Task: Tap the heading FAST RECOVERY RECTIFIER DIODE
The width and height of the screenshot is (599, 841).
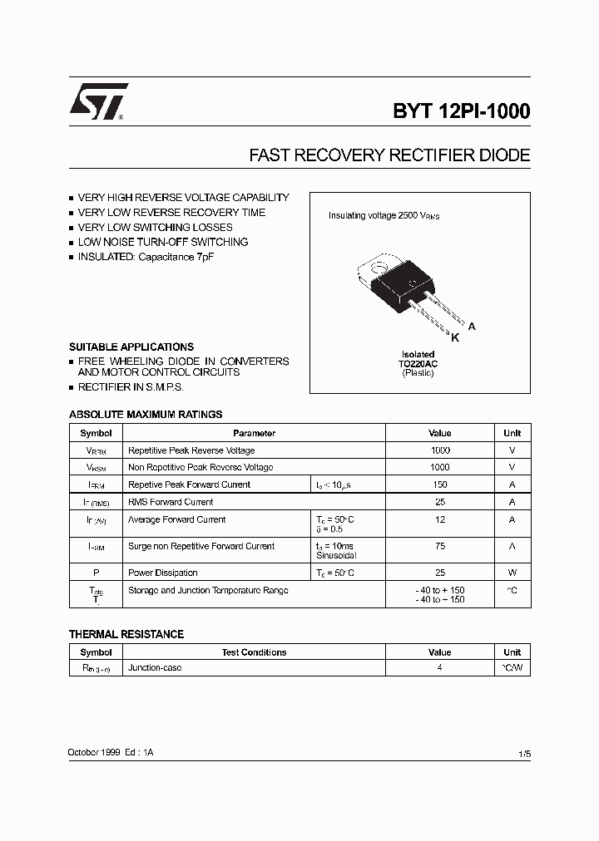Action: click(389, 155)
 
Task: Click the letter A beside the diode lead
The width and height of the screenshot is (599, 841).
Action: click(472, 327)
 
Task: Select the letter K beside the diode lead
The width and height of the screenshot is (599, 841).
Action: click(455, 337)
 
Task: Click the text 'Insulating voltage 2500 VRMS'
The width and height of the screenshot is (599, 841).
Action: click(384, 216)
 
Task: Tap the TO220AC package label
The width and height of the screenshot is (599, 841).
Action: click(418, 364)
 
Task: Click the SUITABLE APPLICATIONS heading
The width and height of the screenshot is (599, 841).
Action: click(131, 347)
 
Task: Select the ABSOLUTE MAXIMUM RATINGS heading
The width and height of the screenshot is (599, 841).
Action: click(146, 414)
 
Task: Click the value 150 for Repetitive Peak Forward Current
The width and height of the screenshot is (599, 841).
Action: click(440, 484)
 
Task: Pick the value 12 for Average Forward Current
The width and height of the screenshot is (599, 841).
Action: click(440, 519)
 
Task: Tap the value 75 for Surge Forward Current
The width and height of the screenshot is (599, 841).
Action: click(440, 546)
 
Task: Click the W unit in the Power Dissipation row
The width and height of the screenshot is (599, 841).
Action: click(512, 573)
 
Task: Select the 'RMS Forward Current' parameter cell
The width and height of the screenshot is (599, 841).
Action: click(171, 502)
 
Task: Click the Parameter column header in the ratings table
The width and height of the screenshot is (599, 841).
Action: click(254, 433)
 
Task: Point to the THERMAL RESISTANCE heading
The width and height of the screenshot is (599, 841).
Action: click(126, 634)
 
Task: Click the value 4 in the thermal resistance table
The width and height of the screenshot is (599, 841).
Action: click(439, 667)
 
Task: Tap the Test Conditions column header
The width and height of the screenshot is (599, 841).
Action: click(254, 652)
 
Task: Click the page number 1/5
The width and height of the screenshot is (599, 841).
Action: click(523, 753)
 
